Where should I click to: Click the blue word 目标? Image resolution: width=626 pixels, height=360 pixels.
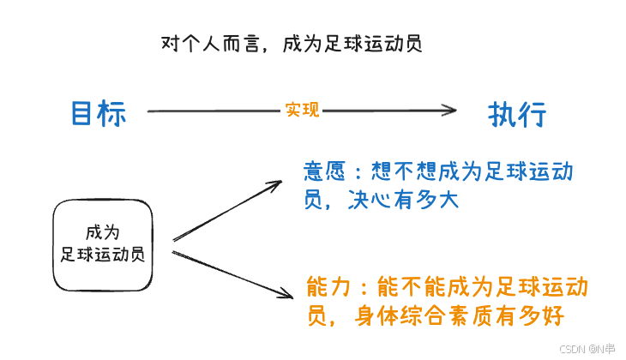tap(99, 113)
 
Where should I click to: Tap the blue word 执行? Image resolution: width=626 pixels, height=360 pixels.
tap(517, 113)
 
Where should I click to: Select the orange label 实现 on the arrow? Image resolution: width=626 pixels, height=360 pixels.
tap(302, 110)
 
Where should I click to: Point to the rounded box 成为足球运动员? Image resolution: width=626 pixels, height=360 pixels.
tap(103, 244)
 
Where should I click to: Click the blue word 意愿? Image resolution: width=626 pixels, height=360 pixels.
tap(324, 171)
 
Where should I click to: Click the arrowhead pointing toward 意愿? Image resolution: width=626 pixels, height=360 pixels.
tap(277, 183)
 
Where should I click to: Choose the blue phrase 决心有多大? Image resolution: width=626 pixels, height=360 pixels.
tap(405, 200)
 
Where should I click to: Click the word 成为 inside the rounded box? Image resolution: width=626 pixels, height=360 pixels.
tap(102, 232)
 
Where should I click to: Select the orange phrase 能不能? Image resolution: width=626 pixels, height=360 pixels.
tap(406, 286)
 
